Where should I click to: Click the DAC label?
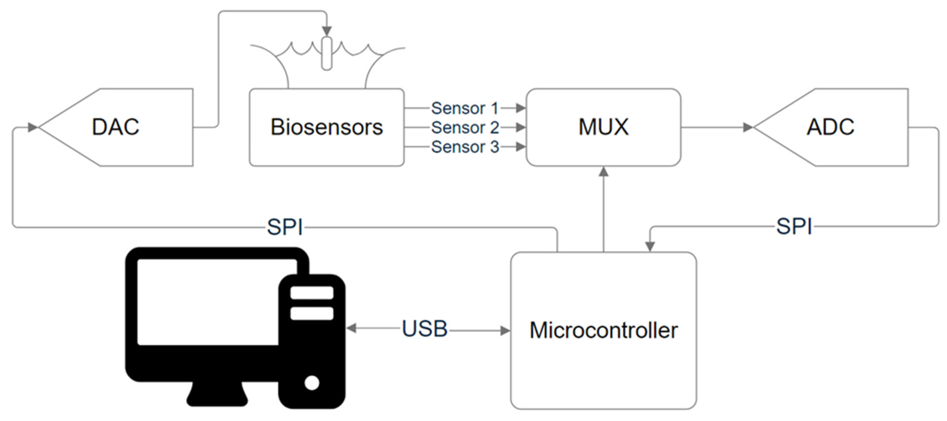(115, 127)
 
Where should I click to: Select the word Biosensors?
(326, 127)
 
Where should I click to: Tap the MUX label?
(603, 127)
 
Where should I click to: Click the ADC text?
(830, 127)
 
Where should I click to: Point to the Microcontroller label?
(603, 330)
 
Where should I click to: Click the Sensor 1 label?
(465, 108)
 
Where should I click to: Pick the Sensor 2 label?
(465, 128)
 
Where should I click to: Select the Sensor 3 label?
(465, 147)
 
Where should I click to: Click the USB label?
(425, 329)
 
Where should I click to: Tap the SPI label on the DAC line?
(285, 227)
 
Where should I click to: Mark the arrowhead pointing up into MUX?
(604, 172)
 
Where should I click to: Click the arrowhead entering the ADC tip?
(748, 128)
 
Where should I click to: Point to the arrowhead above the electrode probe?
(327, 31)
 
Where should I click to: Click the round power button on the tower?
(312, 383)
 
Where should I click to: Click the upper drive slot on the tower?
(312, 293)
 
